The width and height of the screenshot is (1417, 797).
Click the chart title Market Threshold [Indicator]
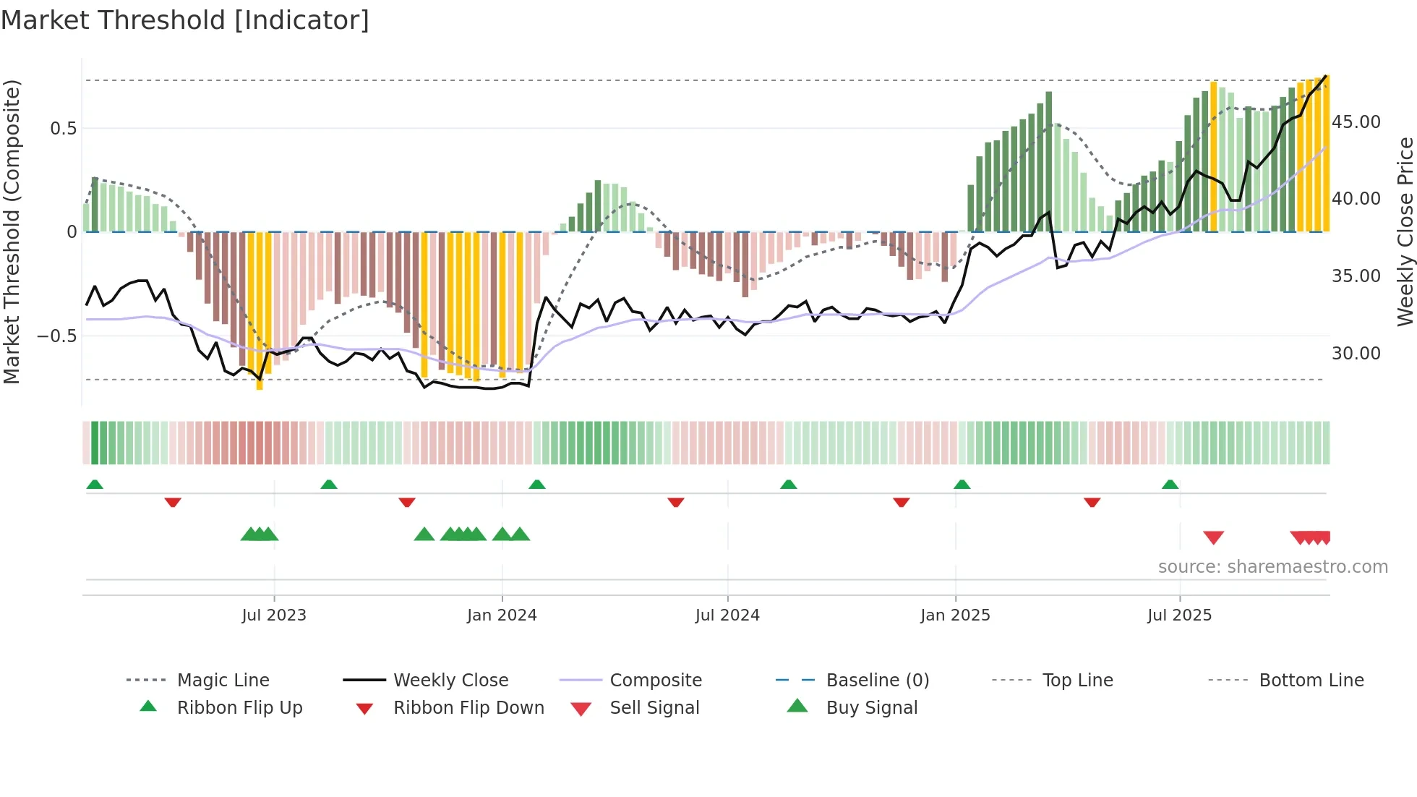pos(185,20)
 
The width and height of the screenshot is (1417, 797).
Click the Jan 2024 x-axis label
pos(502,615)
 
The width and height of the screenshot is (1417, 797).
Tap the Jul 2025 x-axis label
pos(1179,615)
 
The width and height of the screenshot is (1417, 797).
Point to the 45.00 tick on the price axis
pos(1356,122)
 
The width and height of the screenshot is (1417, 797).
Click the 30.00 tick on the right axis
pos(1356,354)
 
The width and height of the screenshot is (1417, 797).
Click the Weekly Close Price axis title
pos(1405,231)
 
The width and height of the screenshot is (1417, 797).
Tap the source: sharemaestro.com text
pos(1272,567)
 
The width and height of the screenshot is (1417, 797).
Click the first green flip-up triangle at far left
pos(95,485)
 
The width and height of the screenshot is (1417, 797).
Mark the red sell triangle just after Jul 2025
pos(1213,537)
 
